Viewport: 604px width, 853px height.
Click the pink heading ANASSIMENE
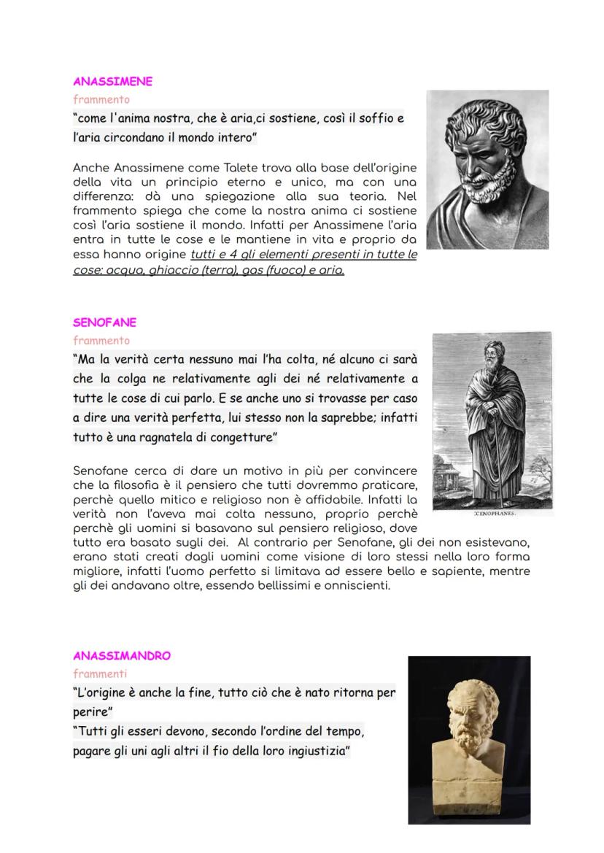pos(112,82)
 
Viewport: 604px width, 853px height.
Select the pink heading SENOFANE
pos(104,323)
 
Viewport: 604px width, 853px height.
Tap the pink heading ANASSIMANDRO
pos(121,655)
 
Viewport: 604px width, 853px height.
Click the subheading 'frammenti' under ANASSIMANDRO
pos(99,673)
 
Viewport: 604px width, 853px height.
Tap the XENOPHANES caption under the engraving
pos(495,513)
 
